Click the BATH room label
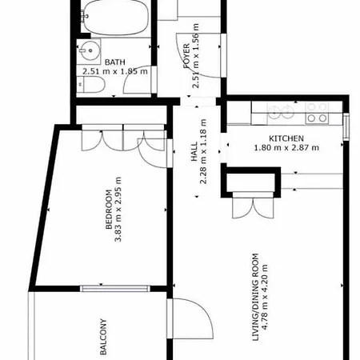pos(115,62)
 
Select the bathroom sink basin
pos(90,50)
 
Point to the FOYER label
pos(187,56)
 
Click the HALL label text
pos(194,151)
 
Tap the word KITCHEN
pos(286,138)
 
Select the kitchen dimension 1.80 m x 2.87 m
pos(286,147)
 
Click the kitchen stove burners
pos(317,113)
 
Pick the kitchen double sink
pos(280,112)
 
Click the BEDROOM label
pos(109,210)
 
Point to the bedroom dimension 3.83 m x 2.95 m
pos(118,210)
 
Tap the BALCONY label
pos(103,337)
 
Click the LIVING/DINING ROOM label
pos(255,297)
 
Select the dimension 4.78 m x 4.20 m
pos(264,297)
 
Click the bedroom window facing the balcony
pos(115,288)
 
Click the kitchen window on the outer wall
pos(346,126)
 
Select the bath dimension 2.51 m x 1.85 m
pos(115,71)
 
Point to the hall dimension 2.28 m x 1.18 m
pos(203,151)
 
